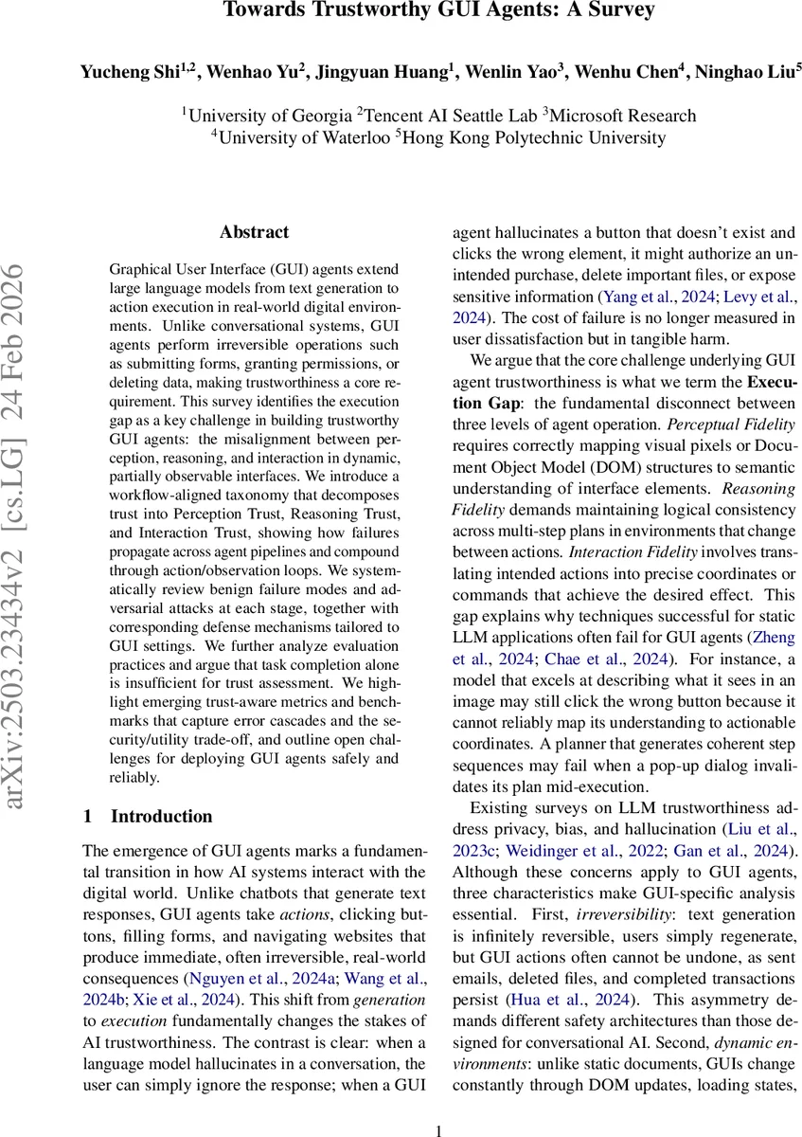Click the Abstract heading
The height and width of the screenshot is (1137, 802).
tap(254, 232)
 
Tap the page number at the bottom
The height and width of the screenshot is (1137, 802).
tap(438, 1129)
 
